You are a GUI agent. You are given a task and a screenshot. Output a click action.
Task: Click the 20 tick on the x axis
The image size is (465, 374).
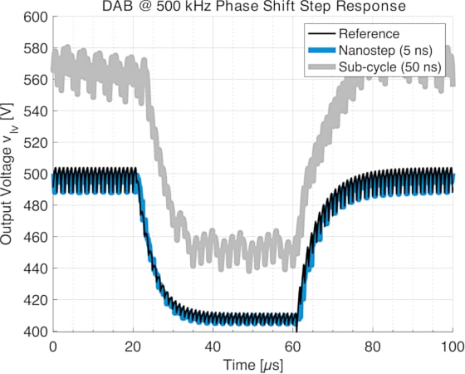(133, 345)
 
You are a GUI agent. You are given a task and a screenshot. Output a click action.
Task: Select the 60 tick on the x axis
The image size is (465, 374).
(294, 345)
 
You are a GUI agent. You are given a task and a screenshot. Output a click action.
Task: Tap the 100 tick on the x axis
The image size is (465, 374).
(453, 345)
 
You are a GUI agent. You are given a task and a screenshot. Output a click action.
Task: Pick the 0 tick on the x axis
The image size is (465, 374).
(53, 345)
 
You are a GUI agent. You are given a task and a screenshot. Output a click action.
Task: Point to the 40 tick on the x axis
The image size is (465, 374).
(213, 345)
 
